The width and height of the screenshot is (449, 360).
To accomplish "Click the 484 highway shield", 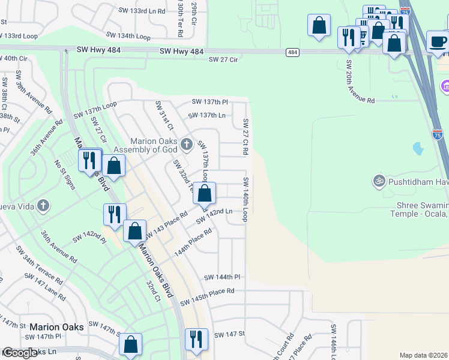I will point(292,53).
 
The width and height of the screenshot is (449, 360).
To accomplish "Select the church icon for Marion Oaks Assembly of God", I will point(187,143).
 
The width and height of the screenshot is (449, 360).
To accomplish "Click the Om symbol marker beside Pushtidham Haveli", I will point(379,179).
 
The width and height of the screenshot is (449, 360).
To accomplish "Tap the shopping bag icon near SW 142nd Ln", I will point(205,194).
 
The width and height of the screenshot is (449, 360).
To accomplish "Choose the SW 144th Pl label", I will point(221,277).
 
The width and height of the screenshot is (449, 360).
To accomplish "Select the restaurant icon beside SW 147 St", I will point(196,338).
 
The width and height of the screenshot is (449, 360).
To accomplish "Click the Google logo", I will point(20,353).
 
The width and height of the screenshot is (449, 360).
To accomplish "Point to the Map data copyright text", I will point(424,355).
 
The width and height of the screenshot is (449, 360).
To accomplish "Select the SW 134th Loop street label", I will point(128,36).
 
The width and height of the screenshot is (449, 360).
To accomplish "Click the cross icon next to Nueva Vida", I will point(42,206).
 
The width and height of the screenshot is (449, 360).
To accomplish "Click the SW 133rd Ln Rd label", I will point(146,11).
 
